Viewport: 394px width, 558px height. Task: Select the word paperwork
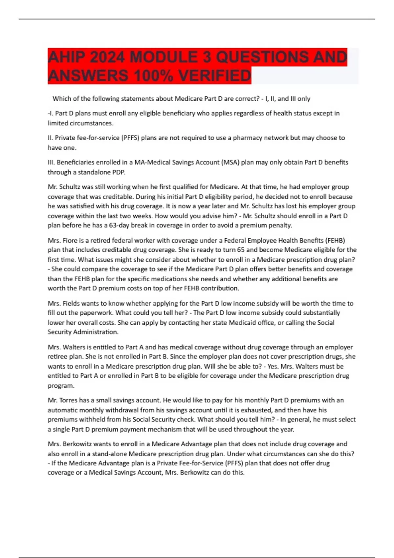[x=97, y=313]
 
